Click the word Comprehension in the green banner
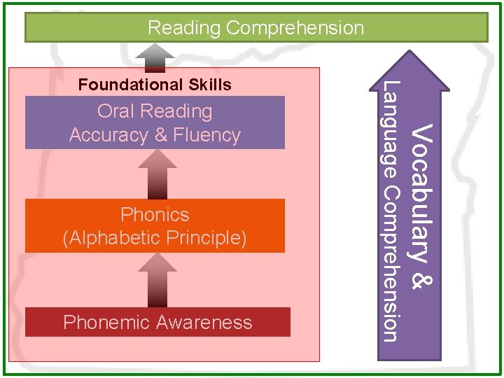pos(295,28)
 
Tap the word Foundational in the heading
pos(131,85)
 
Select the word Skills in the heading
pos(210,85)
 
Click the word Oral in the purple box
pos(115,111)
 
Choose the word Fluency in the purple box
pos(208,135)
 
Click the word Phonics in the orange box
pos(155,214)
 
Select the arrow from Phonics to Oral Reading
pos(157,174)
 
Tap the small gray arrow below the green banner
pos(155,57)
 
